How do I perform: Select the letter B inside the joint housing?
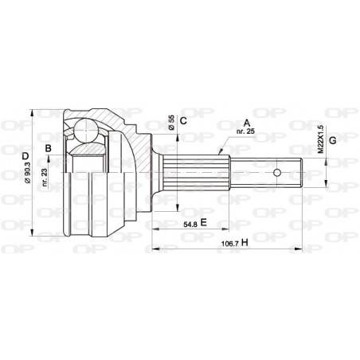pyautogui.click(x=49, y=148)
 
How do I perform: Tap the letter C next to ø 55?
pyautogui.click(x=182, y=120)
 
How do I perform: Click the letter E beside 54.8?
pyautogui.click(x=203, y=223)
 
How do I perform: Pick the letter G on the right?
pyautogui.click(x=333, y=141)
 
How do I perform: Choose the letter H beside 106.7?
pyautogui.click(x=244, y=242)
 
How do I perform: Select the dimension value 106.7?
pyautogui.click(x=228, y=243)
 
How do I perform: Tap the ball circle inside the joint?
pyautogui.click(x=85, y=131)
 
